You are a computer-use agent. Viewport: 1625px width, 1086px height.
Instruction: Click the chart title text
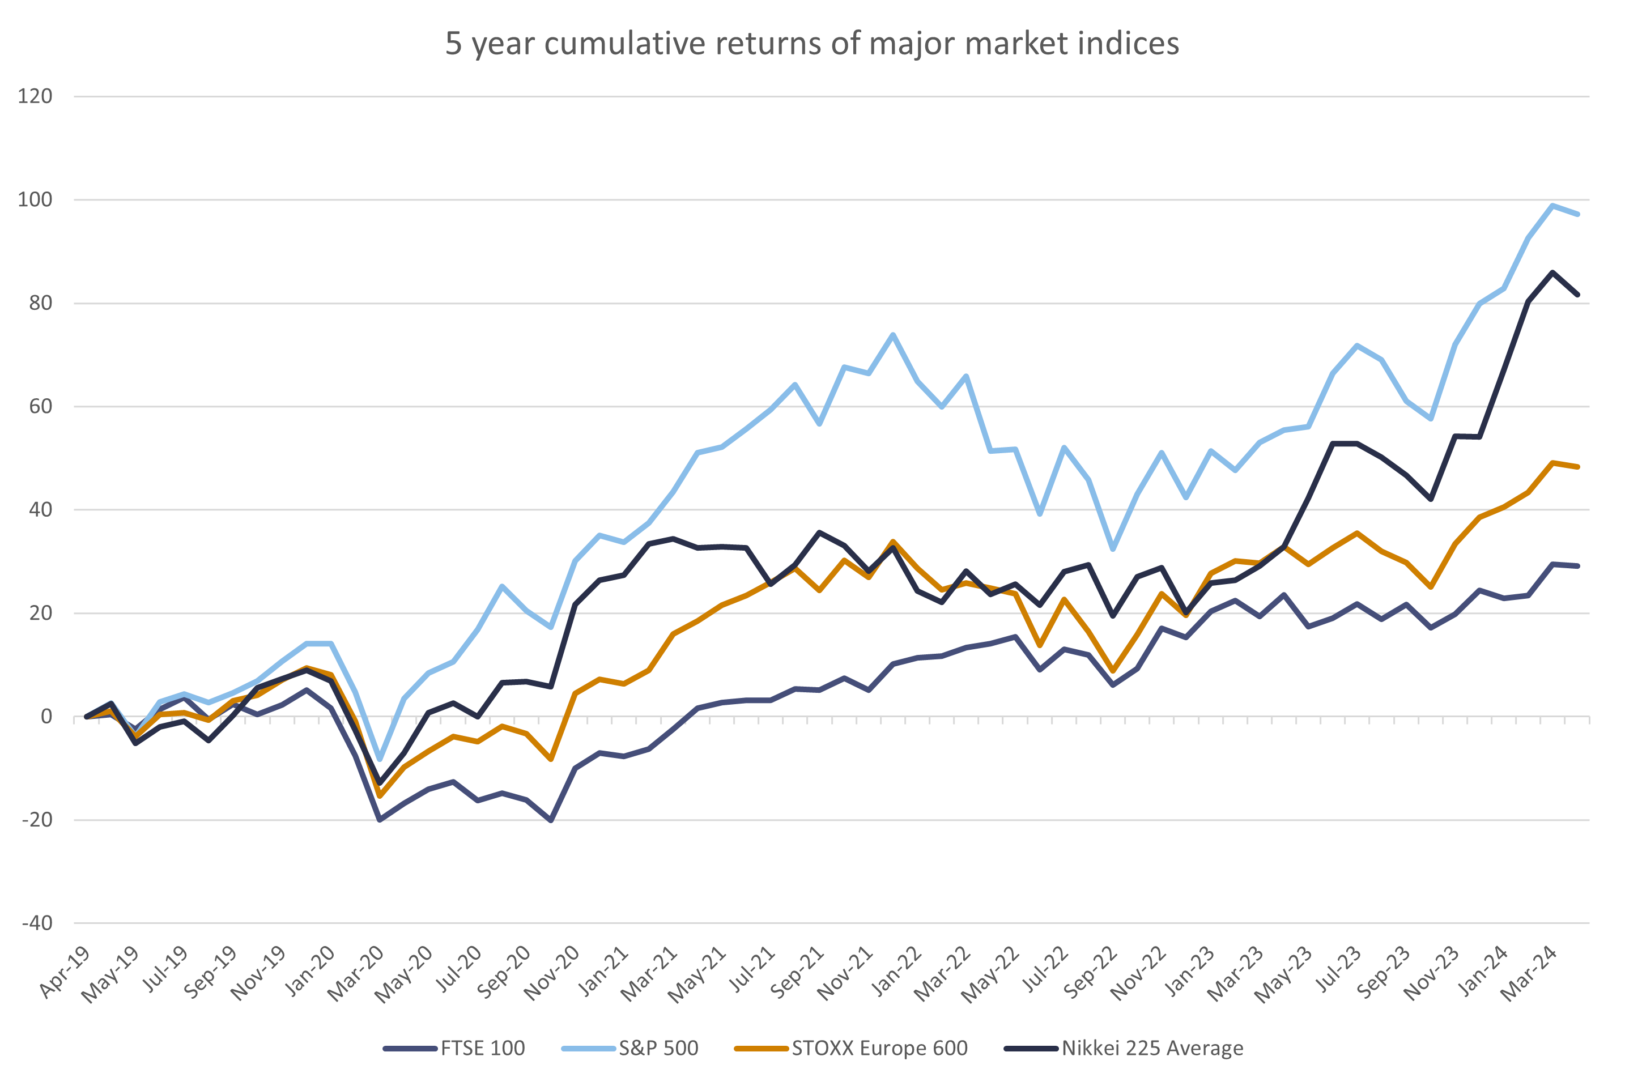[812, 44]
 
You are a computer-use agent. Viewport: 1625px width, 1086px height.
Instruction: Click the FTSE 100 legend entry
[482, 1048]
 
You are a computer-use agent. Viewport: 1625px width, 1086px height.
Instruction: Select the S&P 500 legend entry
[658, 1048]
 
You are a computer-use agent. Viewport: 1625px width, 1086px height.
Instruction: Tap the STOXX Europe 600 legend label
[880, 1048]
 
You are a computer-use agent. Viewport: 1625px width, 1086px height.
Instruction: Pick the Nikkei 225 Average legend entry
[1152, 1048]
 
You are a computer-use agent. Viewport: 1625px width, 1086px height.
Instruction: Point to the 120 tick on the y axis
[35, 96]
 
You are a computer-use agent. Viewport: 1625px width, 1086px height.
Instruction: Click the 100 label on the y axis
[35, 199]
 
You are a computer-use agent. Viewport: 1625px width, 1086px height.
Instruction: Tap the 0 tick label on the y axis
[46, 717]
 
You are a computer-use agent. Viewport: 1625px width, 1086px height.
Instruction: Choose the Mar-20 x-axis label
[356, 974]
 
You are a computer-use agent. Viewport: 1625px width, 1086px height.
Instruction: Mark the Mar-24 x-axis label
[1529, 974]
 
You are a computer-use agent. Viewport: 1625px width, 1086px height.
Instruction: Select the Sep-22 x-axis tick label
[1090, 974]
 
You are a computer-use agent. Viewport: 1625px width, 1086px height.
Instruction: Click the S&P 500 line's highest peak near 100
[1552, 205]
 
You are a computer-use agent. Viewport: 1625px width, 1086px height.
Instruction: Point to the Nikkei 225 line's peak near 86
[1552, 271]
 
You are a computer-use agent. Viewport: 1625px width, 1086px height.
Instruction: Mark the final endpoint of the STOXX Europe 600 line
[1578, 467]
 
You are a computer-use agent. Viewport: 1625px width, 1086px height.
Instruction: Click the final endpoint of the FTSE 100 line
[1578, 567]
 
